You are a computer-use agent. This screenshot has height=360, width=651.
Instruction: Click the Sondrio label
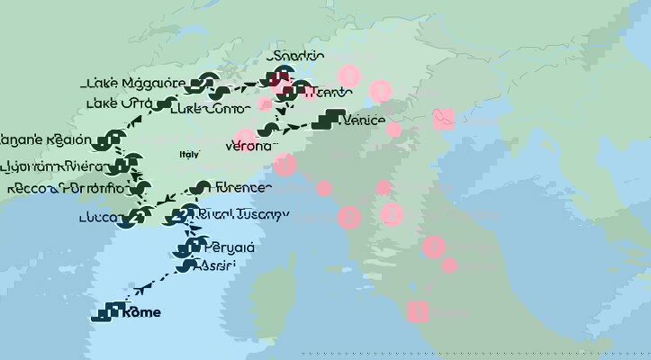tap(295, 56)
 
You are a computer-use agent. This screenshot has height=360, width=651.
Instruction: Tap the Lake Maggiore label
tap(135, 83)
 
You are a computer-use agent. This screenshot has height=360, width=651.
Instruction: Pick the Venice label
tap(364, 120)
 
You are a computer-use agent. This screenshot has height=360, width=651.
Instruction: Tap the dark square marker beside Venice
tap(335, 118)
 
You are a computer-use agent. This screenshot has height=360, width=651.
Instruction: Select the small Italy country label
tap(189, 155)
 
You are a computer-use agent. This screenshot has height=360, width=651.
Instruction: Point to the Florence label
tap(243, 187)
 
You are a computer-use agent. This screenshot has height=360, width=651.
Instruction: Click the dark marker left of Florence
tap(202, 188)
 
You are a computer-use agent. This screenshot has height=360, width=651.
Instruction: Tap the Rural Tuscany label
tap(240, 213)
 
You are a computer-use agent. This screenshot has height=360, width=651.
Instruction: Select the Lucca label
tap(98, 217)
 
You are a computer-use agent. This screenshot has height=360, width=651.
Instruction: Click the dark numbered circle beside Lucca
tap(138, 216)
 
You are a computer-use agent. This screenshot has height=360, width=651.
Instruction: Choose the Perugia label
tap(230, 247)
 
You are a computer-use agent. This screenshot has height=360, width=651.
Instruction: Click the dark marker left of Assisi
tap(185, 265)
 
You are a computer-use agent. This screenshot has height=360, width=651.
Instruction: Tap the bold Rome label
tap(142, 312)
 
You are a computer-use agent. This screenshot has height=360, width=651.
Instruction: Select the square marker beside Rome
tap(113, 312)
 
